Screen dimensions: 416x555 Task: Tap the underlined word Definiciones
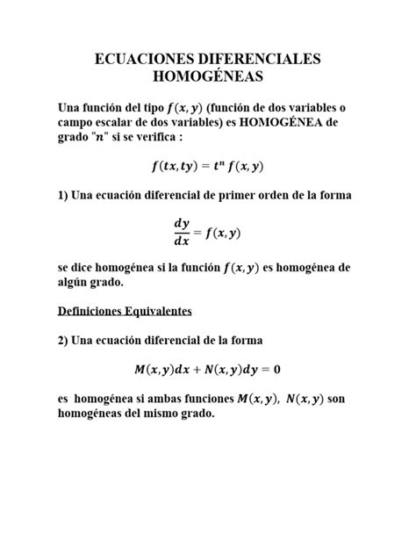click(96, 311)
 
